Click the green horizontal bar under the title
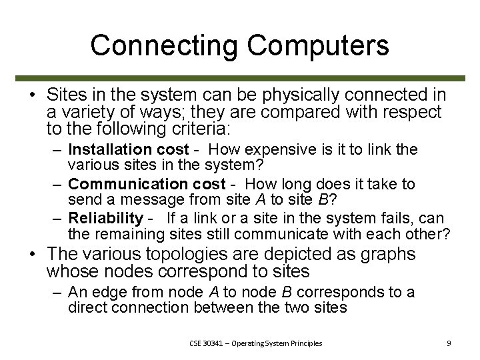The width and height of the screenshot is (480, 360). coord(240,77)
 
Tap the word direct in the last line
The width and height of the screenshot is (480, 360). coord(87,307)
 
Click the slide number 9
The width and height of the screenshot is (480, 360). coord(449,343)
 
